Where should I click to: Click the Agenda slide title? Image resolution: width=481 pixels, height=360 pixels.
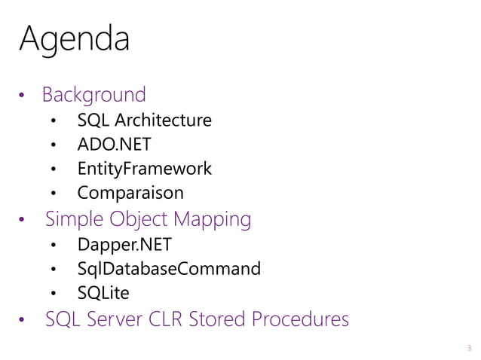[74, 38]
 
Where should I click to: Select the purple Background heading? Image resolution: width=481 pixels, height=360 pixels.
[93, 95]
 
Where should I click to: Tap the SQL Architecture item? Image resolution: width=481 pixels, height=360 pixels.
[144, 120]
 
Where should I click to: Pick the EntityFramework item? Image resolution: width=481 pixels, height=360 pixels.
[144, 169]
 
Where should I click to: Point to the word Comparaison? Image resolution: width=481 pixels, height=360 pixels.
[130, 193]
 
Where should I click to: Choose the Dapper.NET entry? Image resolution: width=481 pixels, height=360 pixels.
[124, 244]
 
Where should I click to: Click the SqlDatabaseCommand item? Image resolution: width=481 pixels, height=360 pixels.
[169, 268]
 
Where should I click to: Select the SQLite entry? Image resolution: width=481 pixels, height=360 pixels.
[103, 292]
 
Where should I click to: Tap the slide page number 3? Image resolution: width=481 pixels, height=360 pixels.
[469, 347]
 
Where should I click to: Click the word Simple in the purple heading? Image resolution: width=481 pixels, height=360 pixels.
[72, 219]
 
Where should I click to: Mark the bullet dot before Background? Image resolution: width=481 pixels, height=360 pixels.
[23, 96]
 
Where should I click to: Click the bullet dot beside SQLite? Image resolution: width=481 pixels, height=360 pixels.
[54, 294]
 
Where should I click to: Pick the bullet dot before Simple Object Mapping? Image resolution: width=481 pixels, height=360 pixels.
[23, 221]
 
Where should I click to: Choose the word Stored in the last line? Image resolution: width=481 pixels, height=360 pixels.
[219, 319]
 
